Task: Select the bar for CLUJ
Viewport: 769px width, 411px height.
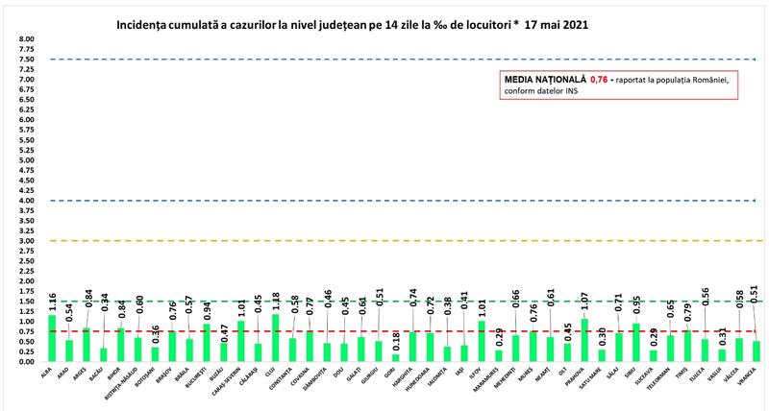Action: pos(275,337)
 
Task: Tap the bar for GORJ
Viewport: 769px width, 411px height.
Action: pos(395,357)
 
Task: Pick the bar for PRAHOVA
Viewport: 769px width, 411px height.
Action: pos(583,339)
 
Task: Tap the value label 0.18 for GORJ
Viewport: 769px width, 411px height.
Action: pos(396,340)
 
